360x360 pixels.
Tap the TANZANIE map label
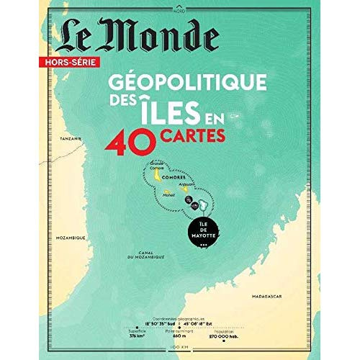click(x=71, y=137)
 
